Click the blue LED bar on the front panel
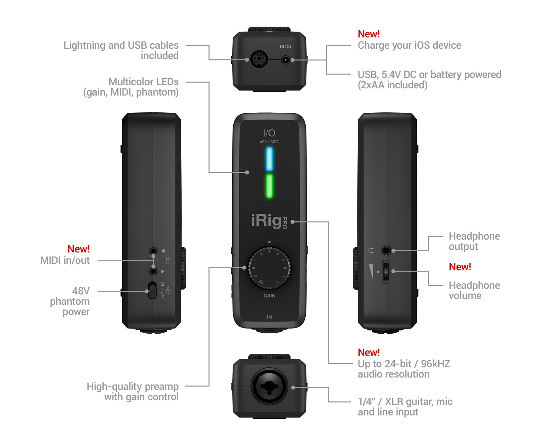pyautogui.click(x=269, y=159)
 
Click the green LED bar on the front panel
pyautogui.click(x=269, y=186)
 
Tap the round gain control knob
pyautogui.click(x=269, y=268)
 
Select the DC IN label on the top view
pyautogui.click(x=285, y=47)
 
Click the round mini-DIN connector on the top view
pyautogui.click(x=259, y=59)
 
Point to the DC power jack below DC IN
pyautogui.click(x=285, y=60)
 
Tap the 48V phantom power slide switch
pyautogui.click(x=152, y=290)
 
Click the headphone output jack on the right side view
pyautogui.click(x=386, y=250)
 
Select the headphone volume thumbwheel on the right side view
pyautogui.click(x=386, y=272)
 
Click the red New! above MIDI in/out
pyautogui.click(x=79, y=249)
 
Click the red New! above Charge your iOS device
pyautogui.click(x=369, y=34)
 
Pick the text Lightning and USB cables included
pyautogui.click(x=121, y=50)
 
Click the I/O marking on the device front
pyautogui.click(x=269, y=133)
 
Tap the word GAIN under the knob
pyautogui.click(x=269, y=296)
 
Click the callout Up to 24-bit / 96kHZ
pyautogui.click(x=404, y=364)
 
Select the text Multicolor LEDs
pyautogui.click(x=143, y=82)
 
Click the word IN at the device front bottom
pyautogui.click(x=269, y=317)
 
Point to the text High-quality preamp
pyautogui.click(x=133, y=387)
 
